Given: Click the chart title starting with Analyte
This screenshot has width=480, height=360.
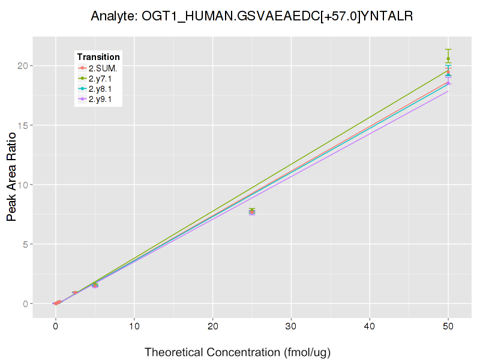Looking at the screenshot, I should (x=252, y=16).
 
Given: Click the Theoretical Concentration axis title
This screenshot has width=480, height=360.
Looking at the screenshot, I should (x=238, y=352).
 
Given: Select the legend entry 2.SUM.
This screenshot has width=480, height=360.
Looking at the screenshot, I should (x=103, y=68).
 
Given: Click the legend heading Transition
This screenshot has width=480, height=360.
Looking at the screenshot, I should (x=98, y=57).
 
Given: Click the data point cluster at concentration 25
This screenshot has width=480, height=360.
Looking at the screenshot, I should (x=252, y=211).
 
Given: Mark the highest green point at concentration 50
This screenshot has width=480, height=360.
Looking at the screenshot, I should (x=448, y=58).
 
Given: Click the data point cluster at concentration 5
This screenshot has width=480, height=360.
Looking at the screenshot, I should (x=95, y=285).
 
